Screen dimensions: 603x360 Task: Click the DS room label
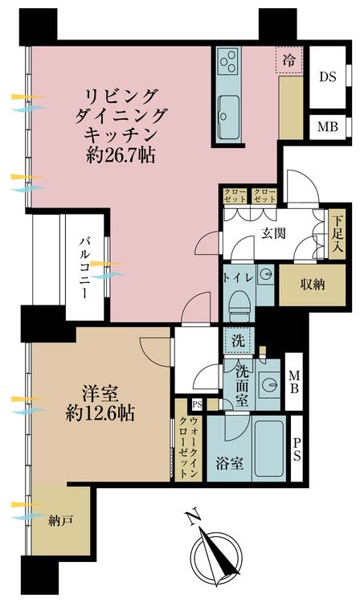pyautogui.click(x=327, y=77)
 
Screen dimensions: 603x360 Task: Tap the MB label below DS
pyautogui.click(x=327, y=127)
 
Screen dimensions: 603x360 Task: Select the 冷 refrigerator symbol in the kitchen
pyautogui.click(x=288, y=59)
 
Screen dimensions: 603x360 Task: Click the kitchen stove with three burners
pyautogui.click(x=227, y=60)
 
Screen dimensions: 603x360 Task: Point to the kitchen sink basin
pyautogui.click(x=227, y=108)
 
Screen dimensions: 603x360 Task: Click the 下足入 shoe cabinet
pyautogui.click(x=338, y=233)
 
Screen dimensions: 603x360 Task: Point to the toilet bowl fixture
pyautogui.click(x=239, y=304)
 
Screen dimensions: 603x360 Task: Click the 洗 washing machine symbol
pyautogui.click(x=239, y=340)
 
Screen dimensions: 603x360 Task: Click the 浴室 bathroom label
pyautogui.click(x=229, y=463)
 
